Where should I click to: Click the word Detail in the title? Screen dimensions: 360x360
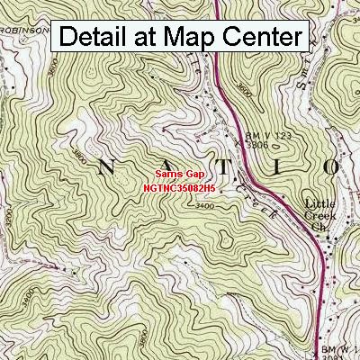pyautogui.click(x=98, y=37)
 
